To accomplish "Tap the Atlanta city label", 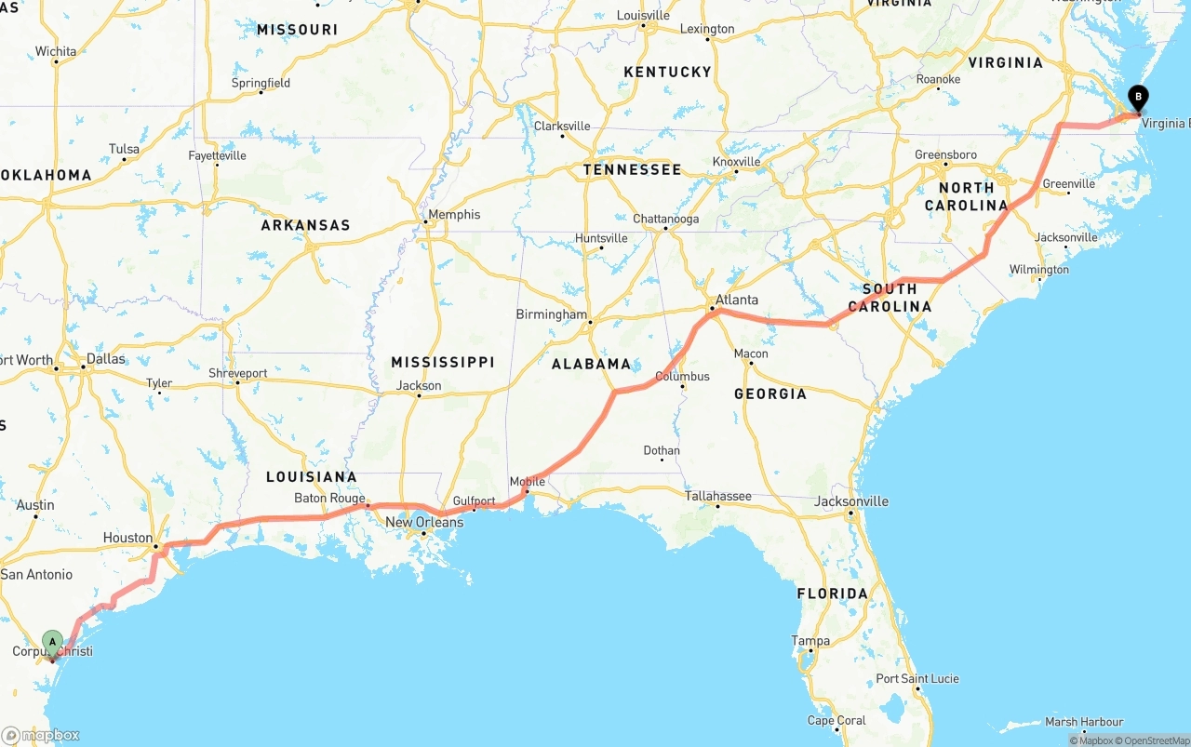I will [x=736, y=300].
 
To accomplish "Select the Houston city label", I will [x=127, y=538].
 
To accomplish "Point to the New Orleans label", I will [x=424, y=522].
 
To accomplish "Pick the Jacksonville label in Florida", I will [x=850, y=501].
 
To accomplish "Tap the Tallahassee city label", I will [x=717, y=496].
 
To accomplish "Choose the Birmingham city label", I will [x=552, y=314].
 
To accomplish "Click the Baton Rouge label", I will [x=329, y=499].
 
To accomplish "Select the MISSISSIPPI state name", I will [x=443, y=362].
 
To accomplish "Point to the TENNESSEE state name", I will [x=632, y=169].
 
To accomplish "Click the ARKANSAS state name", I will [x=305, y=225].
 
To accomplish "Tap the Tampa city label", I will [x=810, y=640].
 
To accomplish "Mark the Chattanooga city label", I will [x=665, y=220].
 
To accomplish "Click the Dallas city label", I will [x=105, y=358].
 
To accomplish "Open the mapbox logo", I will [x=41, y=735].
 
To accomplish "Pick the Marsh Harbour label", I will [x=1084, y=721].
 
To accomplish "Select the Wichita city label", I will [x=56, y=51].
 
